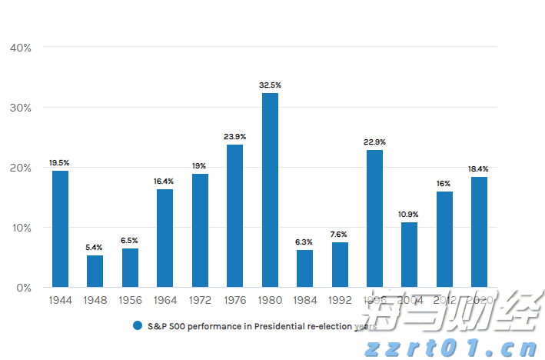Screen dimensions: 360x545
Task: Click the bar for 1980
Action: pos(270,190)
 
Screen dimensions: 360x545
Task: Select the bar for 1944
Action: pos(60,228)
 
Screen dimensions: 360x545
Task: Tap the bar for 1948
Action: pos(95,271)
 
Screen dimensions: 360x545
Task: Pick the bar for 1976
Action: pos(234,215)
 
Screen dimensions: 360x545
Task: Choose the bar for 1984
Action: pos(304,268)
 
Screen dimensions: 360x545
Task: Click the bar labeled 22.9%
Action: pos(374,218)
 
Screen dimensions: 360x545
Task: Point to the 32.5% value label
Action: pos(270,85)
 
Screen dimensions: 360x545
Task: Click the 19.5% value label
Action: pos(59,163)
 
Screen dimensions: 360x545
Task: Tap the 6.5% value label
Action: pos(129,241)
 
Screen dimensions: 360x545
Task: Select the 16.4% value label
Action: pos(164,182)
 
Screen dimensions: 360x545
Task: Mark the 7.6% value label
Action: pos(340,235)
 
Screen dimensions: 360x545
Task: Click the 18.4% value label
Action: pos(479,169)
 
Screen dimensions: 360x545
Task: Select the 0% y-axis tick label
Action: pos(23,288)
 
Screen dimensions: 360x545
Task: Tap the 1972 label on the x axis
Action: pos(200,300)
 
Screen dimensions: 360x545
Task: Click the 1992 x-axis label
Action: pos(340,300)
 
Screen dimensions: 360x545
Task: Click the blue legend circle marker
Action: pos(138,325)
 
